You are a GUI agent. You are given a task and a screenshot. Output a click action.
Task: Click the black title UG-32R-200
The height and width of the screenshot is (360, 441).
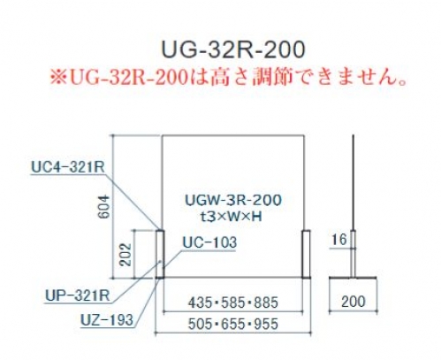pos(233,50)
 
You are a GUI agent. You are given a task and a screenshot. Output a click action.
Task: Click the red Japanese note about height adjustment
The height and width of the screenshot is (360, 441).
pos(229,78)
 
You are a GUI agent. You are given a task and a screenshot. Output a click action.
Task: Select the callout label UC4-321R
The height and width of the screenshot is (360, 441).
pos(68,168)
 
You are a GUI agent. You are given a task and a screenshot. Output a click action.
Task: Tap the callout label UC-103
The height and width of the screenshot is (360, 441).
pos(209,242)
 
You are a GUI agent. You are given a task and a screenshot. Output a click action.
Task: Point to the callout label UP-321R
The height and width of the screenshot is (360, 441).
pos(78,295)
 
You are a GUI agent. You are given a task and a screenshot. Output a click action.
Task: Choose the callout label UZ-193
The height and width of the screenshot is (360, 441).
pos(107,320)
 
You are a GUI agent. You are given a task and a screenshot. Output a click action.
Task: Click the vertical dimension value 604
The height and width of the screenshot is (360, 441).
pos(105,206)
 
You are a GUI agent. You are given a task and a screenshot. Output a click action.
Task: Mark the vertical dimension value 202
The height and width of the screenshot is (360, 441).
pos(125,255)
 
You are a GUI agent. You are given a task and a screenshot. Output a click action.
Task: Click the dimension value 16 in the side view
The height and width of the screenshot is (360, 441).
pos(339,239)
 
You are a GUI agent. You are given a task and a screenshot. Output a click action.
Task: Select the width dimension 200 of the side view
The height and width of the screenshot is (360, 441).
pos(354,302)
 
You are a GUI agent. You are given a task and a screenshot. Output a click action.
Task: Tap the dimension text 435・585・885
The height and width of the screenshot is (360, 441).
pos(232,303)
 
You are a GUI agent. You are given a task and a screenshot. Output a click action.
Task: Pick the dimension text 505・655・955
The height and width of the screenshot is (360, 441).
pos(232,324)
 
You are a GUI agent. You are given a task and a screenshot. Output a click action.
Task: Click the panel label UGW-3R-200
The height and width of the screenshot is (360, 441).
pos(233,200)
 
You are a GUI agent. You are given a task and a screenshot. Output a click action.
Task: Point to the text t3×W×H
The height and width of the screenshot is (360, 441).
pos(231,217)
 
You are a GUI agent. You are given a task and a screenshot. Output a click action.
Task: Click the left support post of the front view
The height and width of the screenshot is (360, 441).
pos(160,254)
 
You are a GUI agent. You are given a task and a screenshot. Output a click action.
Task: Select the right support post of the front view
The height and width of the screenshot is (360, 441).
pos(306,254)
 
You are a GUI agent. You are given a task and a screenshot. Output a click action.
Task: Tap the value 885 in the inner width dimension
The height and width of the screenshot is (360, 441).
pos(266,303)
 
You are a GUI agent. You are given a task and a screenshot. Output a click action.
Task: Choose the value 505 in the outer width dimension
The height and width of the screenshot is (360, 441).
pos(200,324)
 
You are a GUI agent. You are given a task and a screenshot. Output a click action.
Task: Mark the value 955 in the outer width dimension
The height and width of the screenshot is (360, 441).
pos(266,324)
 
